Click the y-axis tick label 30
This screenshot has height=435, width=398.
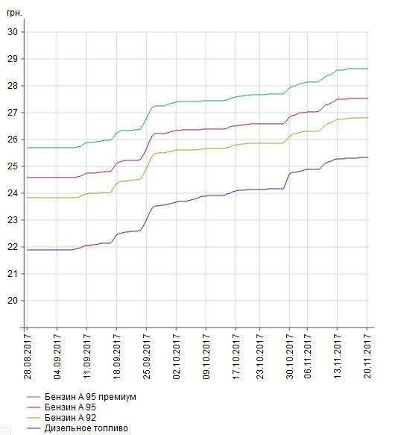pos(13,32)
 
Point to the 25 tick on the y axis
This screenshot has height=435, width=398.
pos(13,166)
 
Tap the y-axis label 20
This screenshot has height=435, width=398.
pos(13,301)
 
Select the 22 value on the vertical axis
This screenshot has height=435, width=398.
pos(13,247)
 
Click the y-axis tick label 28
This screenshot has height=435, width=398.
pos(13,86)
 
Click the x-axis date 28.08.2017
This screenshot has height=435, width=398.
pos(28,357)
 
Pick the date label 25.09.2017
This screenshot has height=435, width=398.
pos(147,357)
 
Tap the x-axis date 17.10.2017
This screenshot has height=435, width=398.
pos(236,357)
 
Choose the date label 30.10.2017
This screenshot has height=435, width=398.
pos(290,357)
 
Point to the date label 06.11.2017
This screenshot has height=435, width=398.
pos(307,357)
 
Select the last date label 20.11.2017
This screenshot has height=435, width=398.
pos(367,357)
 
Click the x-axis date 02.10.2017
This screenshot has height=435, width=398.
pos(177,357)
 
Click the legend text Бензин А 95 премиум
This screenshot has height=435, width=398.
pos(90,397)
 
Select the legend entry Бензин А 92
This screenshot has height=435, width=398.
pos(70,418)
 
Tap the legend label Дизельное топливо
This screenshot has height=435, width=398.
pos(86,428)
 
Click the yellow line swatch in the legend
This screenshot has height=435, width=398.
pos(34,418)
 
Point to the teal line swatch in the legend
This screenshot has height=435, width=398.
pos(34,397)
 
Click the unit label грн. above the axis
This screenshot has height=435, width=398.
pos(14,13)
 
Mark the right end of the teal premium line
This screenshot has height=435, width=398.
pos(367,69)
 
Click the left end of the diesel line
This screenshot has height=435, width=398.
pos(27,250)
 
